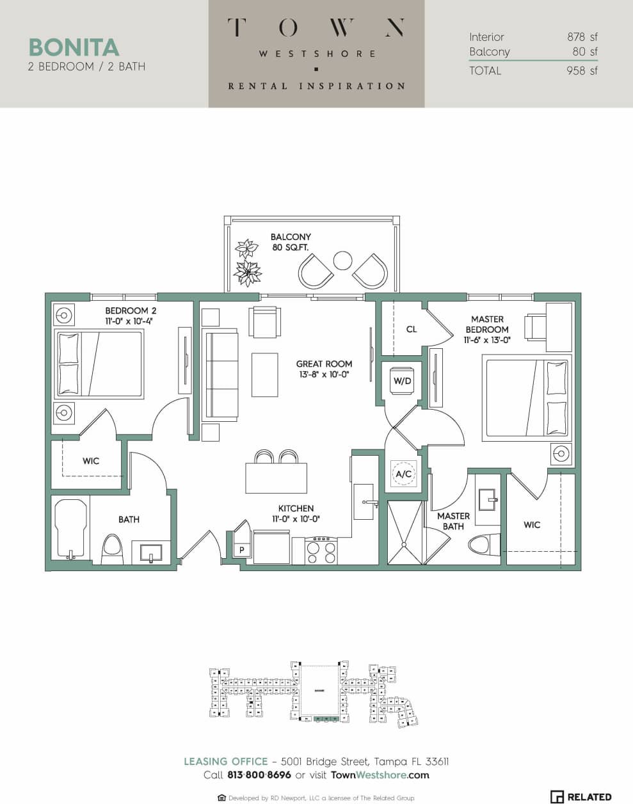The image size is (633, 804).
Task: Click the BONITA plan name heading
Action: point(74,47)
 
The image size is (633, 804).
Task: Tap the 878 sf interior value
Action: point(582,37)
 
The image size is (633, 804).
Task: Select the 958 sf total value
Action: point(582,70)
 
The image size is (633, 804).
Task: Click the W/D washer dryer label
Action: point(402,381)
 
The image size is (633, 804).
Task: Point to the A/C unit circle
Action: point(403,474)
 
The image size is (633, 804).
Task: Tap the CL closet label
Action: point(412,329)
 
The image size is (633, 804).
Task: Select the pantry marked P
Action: point(242,550)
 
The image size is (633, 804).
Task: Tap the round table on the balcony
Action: point(343,261)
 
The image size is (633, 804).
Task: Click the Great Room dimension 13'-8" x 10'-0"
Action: point(324,374)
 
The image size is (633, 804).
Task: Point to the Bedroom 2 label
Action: point(131,310)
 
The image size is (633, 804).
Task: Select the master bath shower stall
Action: point(405,533)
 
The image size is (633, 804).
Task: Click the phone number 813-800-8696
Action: point(259,775)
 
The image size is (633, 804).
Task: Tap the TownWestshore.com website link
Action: point(380,775)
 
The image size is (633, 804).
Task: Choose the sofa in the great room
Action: point(220,375)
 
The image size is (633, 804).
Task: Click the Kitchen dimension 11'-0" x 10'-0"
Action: point(296,519)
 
